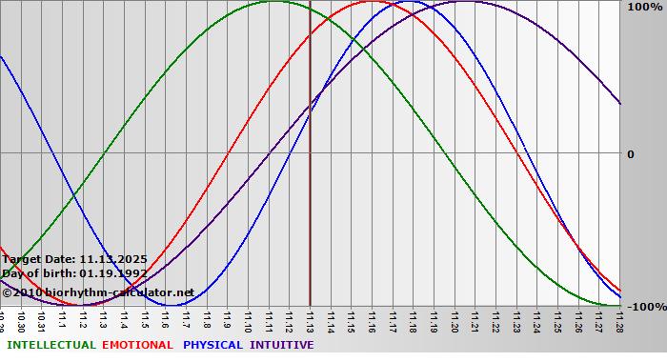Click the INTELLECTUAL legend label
(51, 345)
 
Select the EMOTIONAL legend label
(137, 345)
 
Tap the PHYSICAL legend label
(213, 345)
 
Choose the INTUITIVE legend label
(281, 345)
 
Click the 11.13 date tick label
(310, 319)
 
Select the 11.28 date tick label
(619, 319)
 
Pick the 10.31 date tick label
(41, 319)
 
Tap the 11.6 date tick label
(165, 319)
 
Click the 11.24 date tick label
(537, 319)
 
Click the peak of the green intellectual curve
(273, 2)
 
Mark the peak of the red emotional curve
(373, 2)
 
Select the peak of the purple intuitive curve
(464, 2)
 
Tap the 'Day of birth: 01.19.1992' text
(73, 273)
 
